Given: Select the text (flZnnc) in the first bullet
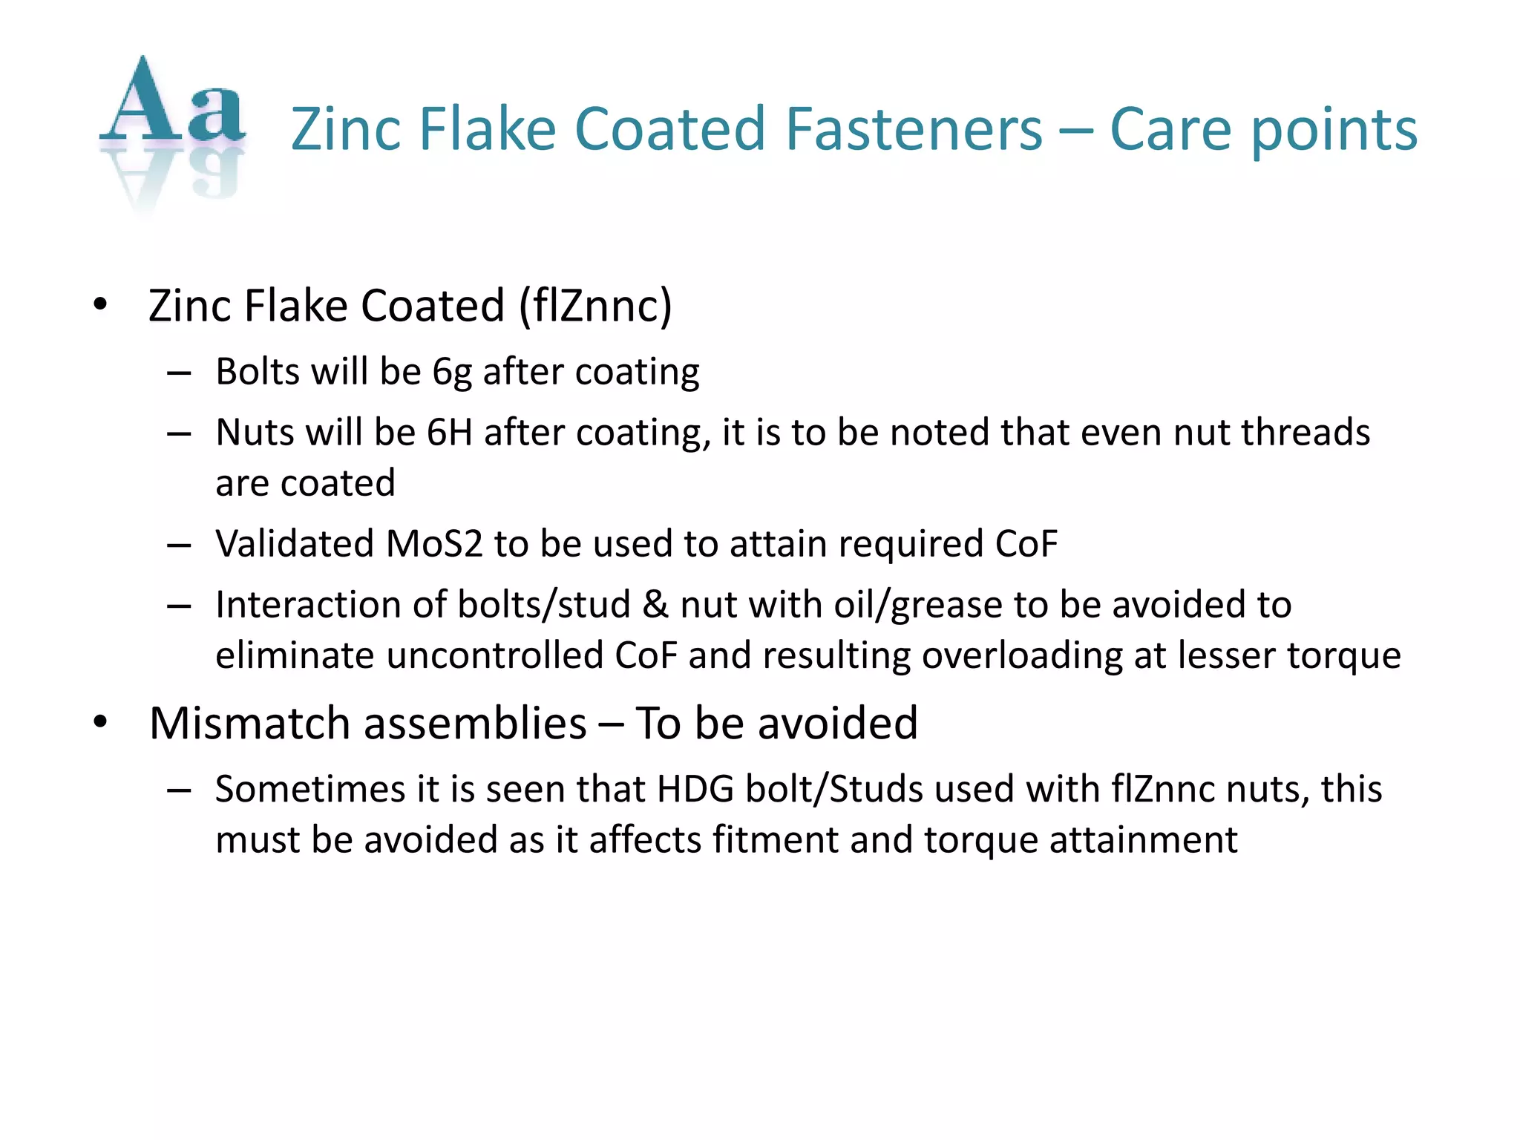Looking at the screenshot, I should pyautogui.click(x=595, y=306).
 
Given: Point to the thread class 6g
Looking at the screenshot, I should pyautogui.click(x=452, y=372).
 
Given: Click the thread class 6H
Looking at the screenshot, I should pyautogui.click(x=450, y=433).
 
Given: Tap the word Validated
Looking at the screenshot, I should pyautogui.click(x=295, y=544).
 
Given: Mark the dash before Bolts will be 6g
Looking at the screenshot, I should pyautogui.click(x=180, y=373).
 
